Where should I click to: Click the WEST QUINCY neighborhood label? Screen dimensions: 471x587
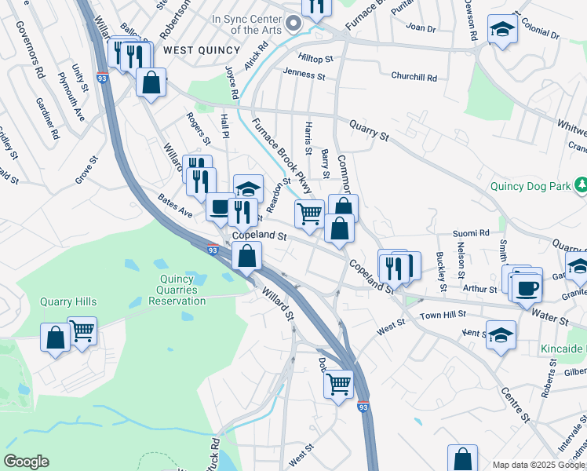(x=202, y=49)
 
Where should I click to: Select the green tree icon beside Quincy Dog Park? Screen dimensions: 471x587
(x=581, y=186)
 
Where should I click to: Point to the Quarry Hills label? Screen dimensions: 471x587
(x=69, y=301)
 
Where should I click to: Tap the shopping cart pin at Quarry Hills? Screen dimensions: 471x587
(x=82, y=331)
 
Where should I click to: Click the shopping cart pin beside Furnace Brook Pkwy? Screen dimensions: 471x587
(x=310, y=214)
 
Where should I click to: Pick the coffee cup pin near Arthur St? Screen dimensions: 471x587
(x=525, y=284)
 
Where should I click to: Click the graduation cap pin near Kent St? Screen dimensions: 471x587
(x=501, y=335)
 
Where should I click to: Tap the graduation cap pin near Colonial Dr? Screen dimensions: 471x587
(x=502, y=30)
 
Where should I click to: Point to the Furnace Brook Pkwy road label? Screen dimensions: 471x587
(x=281, y=155)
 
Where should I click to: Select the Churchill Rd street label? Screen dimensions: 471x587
(x=414, y=77)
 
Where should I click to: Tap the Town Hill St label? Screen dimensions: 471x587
(x=443, y=315)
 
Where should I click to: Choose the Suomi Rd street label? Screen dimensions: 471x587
(x=471, y=233)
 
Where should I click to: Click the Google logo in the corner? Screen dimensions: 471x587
(x=27, y=462)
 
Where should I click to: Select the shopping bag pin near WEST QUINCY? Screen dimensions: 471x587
(x=151, y=82)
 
